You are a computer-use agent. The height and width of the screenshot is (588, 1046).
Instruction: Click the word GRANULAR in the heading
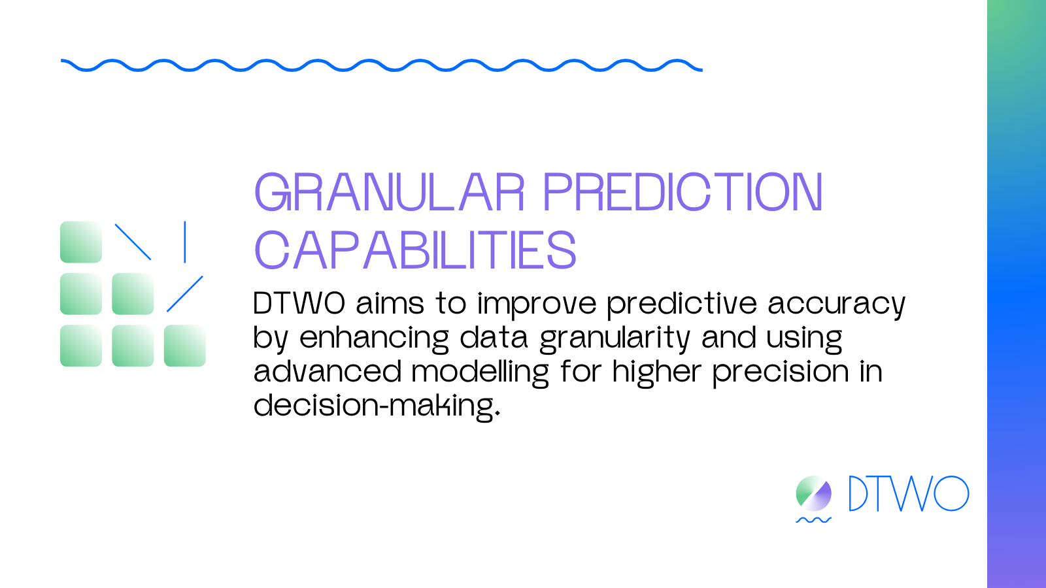tap(390, 192)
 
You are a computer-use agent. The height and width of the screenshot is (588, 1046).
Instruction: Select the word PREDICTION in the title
tap(683, 192)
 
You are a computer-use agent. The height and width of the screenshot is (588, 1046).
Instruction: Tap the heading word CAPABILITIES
tap(415, 250)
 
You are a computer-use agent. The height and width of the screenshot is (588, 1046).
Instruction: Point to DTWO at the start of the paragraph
tap(299, 303)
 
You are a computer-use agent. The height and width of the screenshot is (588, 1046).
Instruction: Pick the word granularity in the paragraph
tap(615, 338)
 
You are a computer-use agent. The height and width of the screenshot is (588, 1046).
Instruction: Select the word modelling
tap(480, 372)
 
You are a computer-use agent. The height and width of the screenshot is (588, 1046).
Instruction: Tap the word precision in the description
tap(781, 372)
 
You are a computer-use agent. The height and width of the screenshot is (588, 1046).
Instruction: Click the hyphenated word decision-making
tap(377, 406)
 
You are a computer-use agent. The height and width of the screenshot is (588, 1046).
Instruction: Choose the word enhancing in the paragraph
tap(374, 338)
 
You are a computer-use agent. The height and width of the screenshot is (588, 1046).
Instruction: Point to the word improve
tap(537, 304)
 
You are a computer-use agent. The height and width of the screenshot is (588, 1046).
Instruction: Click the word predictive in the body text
tap(682, 304)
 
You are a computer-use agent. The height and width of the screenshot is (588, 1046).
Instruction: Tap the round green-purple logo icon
tap(813, 494)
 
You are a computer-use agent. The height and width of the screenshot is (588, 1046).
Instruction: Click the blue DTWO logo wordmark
tap(909, 494)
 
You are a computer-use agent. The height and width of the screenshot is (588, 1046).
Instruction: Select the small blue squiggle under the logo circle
tap(813, 520)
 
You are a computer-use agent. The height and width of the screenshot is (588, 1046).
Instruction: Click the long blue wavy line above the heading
tap(382, 65)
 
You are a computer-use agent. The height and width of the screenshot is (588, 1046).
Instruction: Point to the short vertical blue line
tap(185, 242)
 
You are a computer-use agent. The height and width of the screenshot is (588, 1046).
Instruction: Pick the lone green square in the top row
tap(81, 242)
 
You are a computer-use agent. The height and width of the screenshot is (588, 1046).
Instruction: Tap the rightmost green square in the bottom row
tap(185, 346)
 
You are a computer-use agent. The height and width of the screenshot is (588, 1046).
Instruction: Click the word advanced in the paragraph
tap(328, 372)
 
